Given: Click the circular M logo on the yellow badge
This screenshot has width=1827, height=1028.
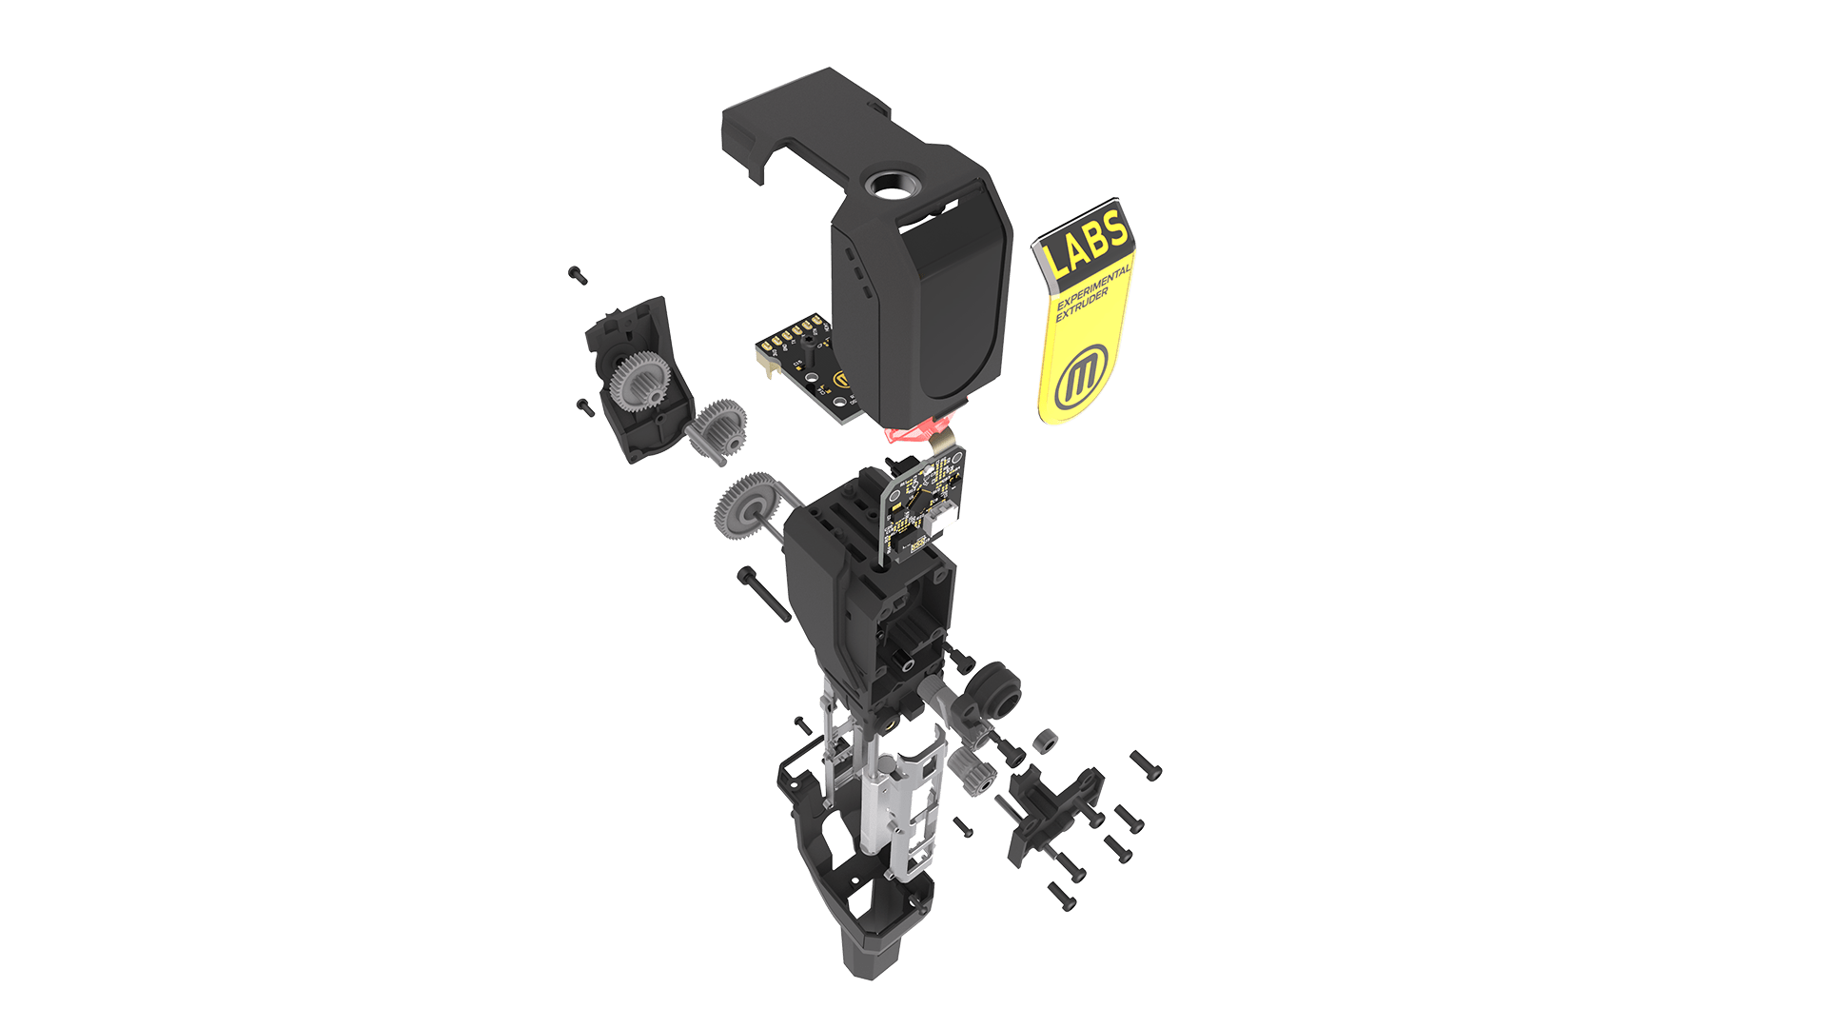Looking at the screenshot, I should coord(1080,377).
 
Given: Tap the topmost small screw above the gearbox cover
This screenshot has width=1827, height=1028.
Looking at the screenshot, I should coord(577,275).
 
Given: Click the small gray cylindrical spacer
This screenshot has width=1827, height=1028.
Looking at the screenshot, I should coord(1045,740).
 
